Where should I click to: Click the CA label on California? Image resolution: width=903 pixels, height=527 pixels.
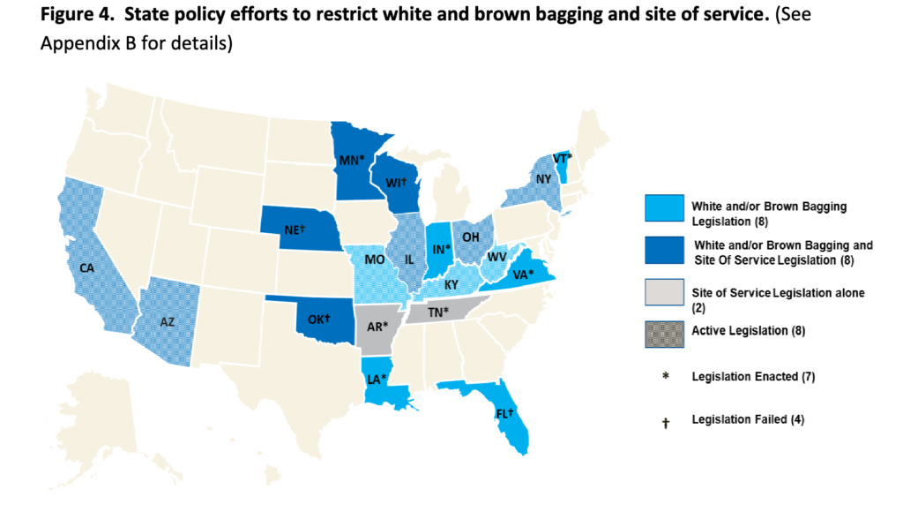86,267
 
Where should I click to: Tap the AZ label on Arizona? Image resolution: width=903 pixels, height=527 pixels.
167,323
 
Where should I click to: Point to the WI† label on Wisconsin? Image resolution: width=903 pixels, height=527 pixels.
394,184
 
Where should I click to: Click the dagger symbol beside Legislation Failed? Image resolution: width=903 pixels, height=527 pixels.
666,422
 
